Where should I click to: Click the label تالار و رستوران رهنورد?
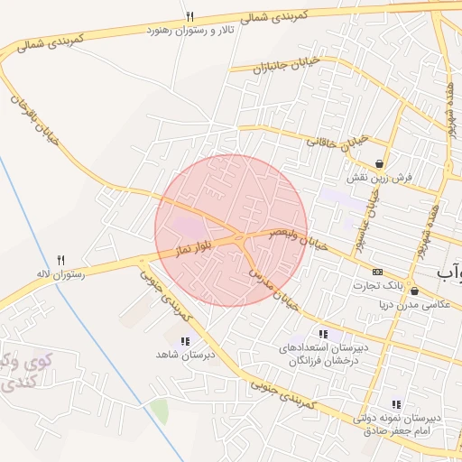(x=189, y=31)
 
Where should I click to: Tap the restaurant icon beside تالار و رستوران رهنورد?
(x=189, y=16)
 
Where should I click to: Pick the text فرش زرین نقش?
(x=380, y=178)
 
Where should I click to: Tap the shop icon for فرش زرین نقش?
(x=380, y=164)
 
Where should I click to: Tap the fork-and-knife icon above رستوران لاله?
(x=60, y=259)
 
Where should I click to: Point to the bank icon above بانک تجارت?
(x=377, y=272)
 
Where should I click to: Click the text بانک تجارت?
(x=377, y=286)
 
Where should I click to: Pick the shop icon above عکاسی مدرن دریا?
(x=414, y=291)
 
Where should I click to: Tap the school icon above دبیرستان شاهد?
(x=185, y=341)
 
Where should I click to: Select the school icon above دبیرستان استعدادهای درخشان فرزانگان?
(x=323, y=335)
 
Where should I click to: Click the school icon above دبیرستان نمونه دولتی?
(x=395, y=404)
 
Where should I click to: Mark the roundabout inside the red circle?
(x=238, y=238)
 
